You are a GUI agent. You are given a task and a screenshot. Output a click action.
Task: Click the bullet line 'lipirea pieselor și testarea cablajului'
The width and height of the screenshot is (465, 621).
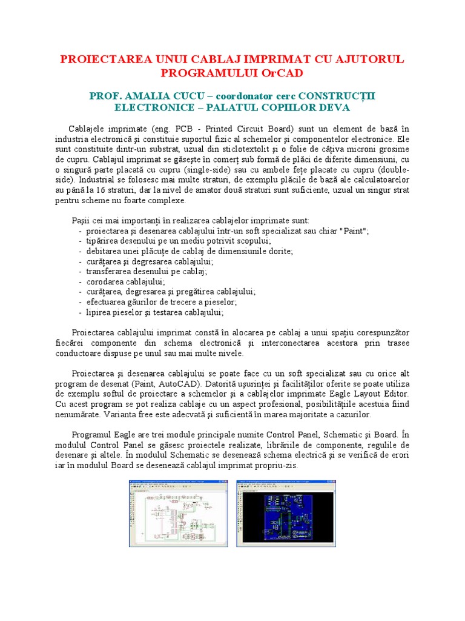154,312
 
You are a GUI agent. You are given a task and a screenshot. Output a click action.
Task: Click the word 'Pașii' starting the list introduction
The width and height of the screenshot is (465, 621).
82,221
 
